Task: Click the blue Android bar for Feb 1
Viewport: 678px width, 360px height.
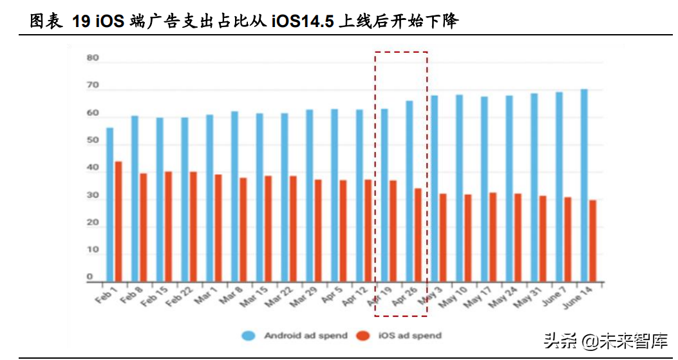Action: point(109,205)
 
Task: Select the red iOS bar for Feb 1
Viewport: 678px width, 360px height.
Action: point(118,222)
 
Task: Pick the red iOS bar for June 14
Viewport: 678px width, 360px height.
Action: point(592,241)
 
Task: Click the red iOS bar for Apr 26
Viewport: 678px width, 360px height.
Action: point(418,235)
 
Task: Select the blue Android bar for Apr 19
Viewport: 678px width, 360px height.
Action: point(384,195)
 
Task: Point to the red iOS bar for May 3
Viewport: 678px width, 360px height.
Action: point(443,238)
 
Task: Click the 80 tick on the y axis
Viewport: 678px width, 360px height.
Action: point(93,58)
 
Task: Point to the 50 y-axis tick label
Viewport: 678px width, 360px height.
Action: point(93,140)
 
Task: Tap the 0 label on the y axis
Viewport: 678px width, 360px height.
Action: point(90,278)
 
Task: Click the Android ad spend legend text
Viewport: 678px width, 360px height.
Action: point(305,336)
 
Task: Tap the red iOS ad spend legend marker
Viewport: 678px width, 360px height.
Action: point(364,336)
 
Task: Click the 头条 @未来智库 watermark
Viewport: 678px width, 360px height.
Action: point(605,339)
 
